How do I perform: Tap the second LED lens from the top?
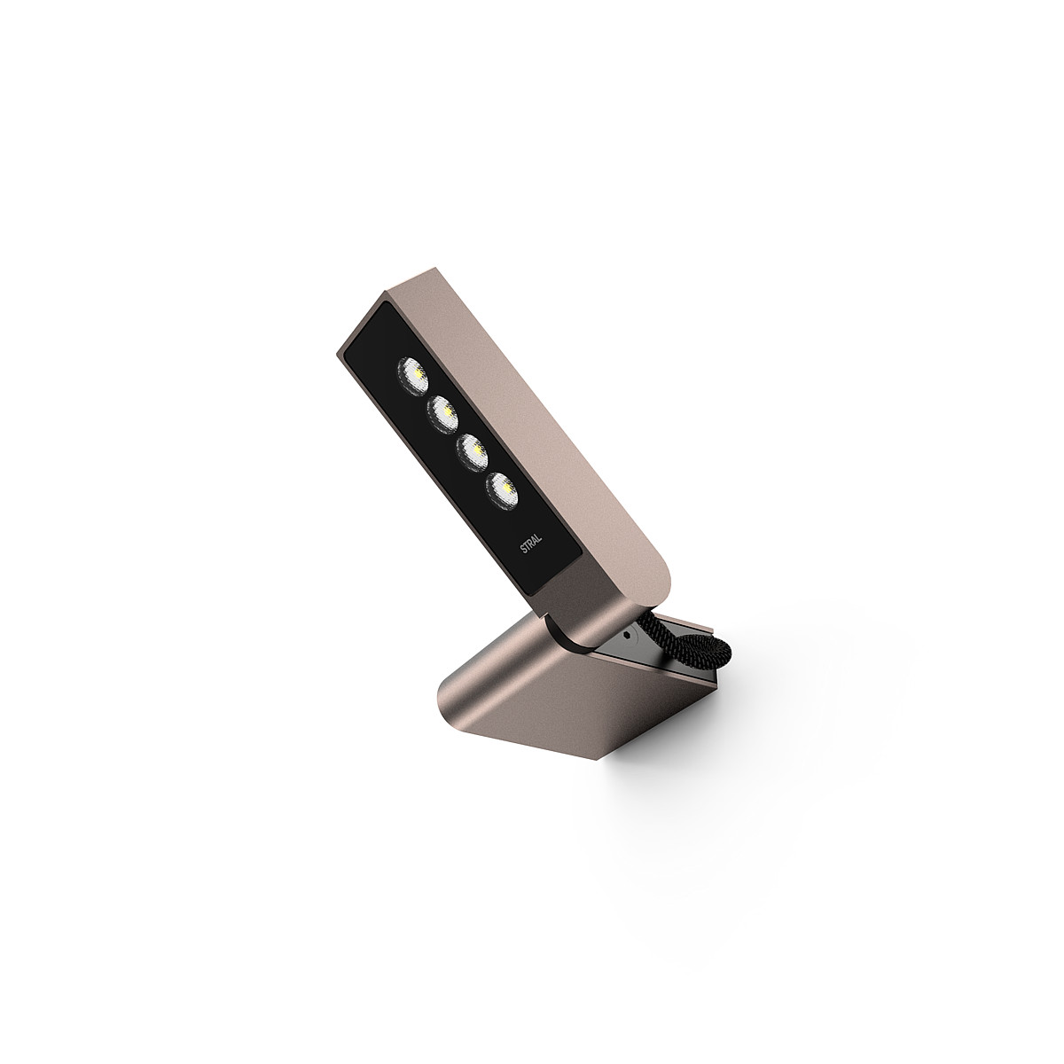point(442,413)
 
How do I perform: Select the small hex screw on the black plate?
point(629,635)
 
